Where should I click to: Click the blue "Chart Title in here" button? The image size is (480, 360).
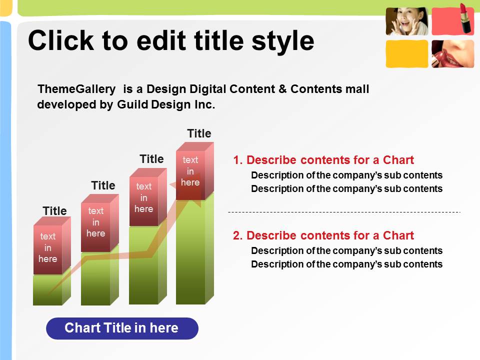[x=122, y=328]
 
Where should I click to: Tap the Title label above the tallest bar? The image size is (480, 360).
[x=199, y=133]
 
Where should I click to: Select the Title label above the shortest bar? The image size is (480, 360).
[x=54, y=211]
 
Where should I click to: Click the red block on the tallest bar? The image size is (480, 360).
[x=194, y=171]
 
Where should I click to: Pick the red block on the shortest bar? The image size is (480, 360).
[x=51, y=245]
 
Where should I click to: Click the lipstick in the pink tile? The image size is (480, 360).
[x=465, y=18]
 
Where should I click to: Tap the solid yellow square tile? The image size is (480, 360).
[x=407, y=53]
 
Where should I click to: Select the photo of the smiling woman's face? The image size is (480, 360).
[x=407, y=21]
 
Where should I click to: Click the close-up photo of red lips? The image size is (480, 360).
[x=453, y=53]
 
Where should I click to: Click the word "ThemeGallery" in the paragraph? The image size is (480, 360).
[x=76, y=89]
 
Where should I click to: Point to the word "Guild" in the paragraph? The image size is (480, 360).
[x=132, y=104]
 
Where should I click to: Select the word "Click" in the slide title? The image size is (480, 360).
[x=61, y=40]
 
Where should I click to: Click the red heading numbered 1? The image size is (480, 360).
[x=323, y=160]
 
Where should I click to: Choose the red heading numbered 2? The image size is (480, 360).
[x=323, y=235]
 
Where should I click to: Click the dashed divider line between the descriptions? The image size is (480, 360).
[x=344, y=212]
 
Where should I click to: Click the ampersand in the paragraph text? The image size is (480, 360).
[x=282, y=89]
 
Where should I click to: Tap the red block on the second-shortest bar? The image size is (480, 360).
[x=100, y=223]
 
